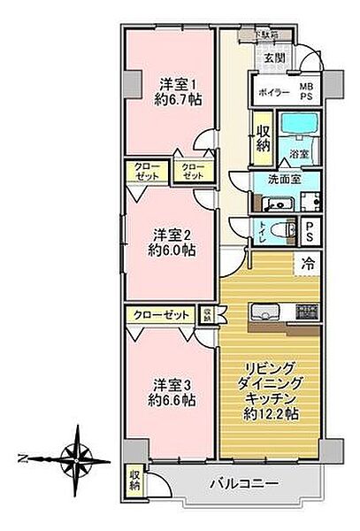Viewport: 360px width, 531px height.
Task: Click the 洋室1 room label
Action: coord(171,84)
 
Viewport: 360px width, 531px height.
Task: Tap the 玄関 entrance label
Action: coord(273,60)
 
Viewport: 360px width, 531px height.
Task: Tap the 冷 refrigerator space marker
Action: coord(308,263)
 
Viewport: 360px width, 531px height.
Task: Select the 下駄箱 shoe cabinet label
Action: coord(269,36)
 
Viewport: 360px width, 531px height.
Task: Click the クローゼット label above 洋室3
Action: coord(162,315)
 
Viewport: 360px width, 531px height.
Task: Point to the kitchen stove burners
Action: coord(307,311)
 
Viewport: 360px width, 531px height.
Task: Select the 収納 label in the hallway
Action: coord(263,137)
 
